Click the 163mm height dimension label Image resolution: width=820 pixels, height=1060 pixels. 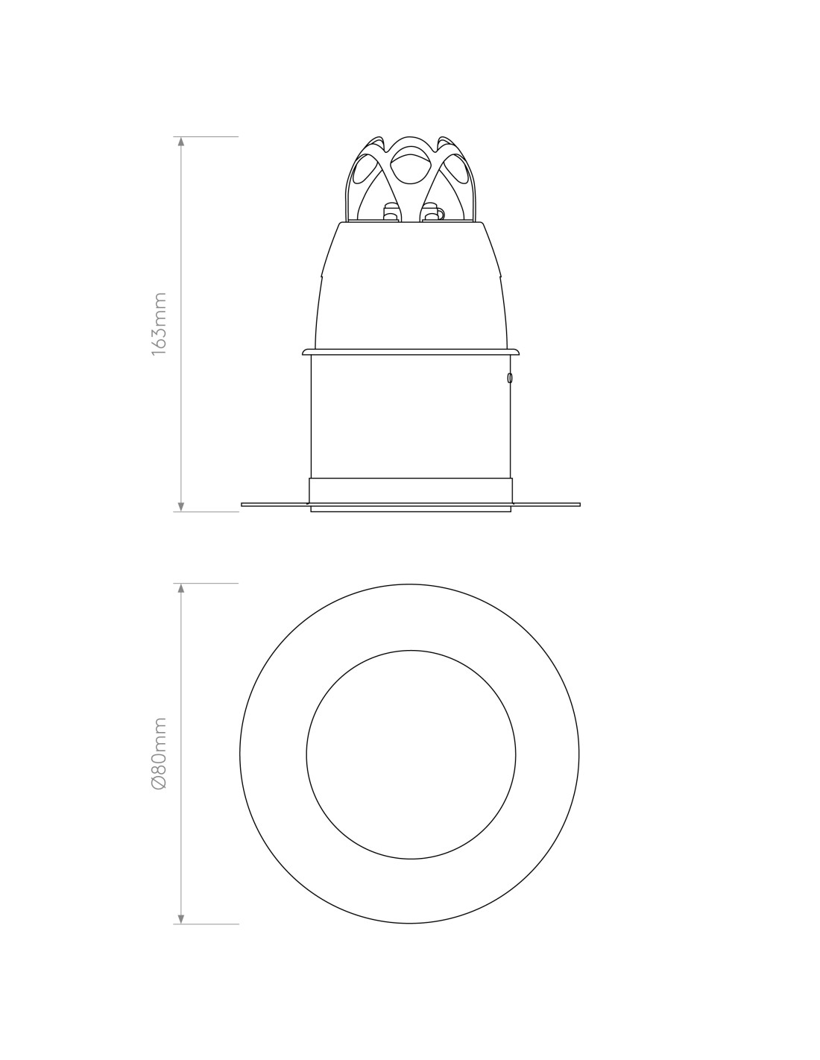159,324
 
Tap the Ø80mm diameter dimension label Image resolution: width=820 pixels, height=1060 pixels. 159,753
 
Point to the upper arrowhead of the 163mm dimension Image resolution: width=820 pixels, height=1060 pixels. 181,142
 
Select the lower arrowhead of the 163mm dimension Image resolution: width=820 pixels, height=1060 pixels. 181,506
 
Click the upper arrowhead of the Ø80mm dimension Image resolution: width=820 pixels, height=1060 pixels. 181,588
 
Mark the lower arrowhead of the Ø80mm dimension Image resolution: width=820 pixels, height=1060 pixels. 181,918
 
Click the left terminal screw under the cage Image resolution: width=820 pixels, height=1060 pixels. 390,212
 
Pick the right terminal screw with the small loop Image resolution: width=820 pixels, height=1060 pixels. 432,212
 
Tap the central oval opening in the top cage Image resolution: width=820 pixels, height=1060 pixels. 410,168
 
